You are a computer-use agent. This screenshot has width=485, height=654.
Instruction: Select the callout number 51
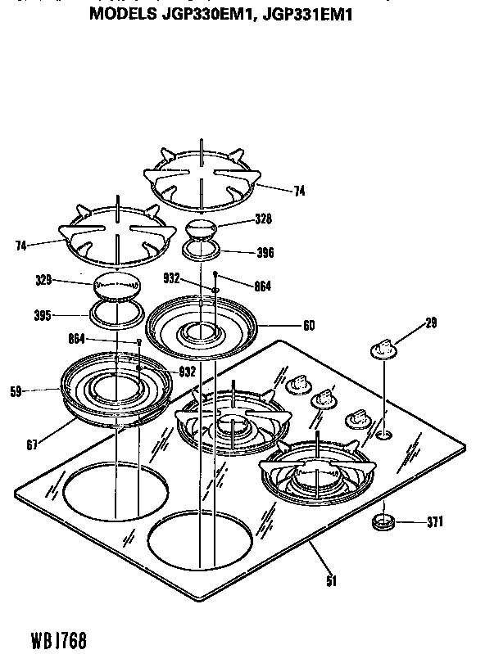coord(331,581)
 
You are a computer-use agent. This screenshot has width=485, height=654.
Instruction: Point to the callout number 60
coord(309,325)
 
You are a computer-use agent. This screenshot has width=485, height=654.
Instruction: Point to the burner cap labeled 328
coord(201,228)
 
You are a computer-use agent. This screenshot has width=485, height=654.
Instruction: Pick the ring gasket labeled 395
coord(115,313)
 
